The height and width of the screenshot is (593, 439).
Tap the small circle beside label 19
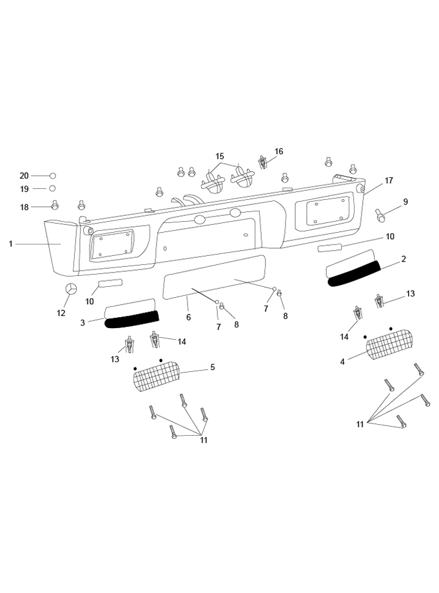tap(53, 188)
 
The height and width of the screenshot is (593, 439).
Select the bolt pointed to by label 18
tap(55, 206)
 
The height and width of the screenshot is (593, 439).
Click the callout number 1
tap(11, 244)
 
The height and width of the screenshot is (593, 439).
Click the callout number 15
tap(220, 157)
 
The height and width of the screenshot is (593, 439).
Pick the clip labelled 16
tap(263, 161)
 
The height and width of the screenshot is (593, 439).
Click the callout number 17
tap(389, 181)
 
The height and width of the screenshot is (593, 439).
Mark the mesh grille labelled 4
tap(389, 348)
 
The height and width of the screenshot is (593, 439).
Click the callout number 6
tap(189, 318)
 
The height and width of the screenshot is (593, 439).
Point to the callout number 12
tap(61, 313)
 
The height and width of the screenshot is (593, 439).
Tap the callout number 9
tap(405, 202)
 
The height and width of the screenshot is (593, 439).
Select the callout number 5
tap(212, 367)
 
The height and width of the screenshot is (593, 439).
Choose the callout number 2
tap(404, 259)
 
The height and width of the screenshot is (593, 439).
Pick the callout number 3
tap(83, 322)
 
